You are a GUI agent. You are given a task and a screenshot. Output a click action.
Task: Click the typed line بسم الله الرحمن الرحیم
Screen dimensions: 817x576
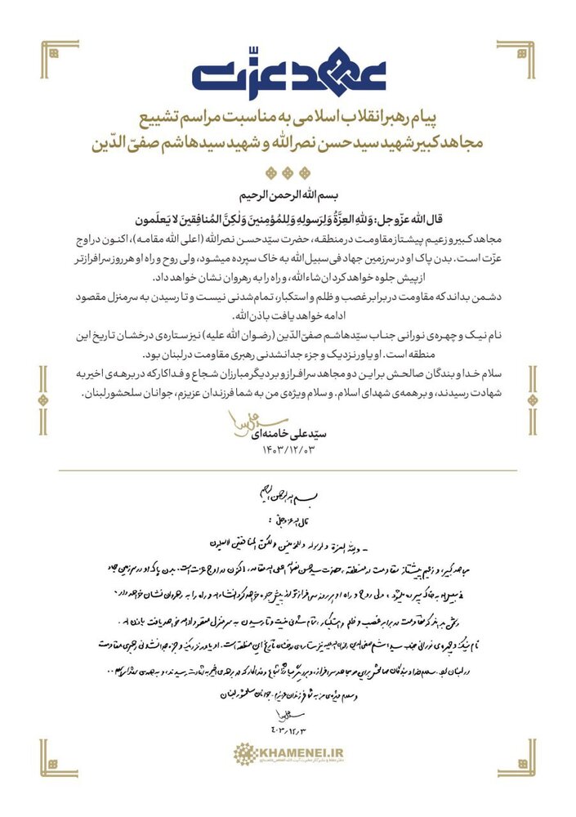point(288,197)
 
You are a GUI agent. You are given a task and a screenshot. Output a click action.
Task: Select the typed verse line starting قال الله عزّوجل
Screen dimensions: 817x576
point(288,218)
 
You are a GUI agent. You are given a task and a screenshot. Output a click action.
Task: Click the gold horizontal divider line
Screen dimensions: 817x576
point(288,471)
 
